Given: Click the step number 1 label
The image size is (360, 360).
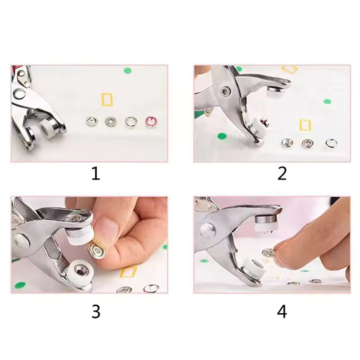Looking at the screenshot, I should click(95, 173).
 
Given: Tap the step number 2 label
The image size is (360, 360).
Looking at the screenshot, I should click(282, 173).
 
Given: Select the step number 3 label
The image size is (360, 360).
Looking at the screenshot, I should click(95, 311).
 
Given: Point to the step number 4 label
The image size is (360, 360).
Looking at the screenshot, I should click(282, 311).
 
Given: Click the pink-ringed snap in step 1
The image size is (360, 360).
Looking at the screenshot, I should click(150, 121).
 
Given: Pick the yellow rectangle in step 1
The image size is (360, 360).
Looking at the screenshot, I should click(107, 99).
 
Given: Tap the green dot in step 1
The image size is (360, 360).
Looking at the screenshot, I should click(128, 70).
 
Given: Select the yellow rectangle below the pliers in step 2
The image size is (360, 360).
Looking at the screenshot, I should click(305, 125).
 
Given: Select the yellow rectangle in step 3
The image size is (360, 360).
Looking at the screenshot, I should click(128, 272).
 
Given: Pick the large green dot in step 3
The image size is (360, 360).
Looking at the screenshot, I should click(20, 285).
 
